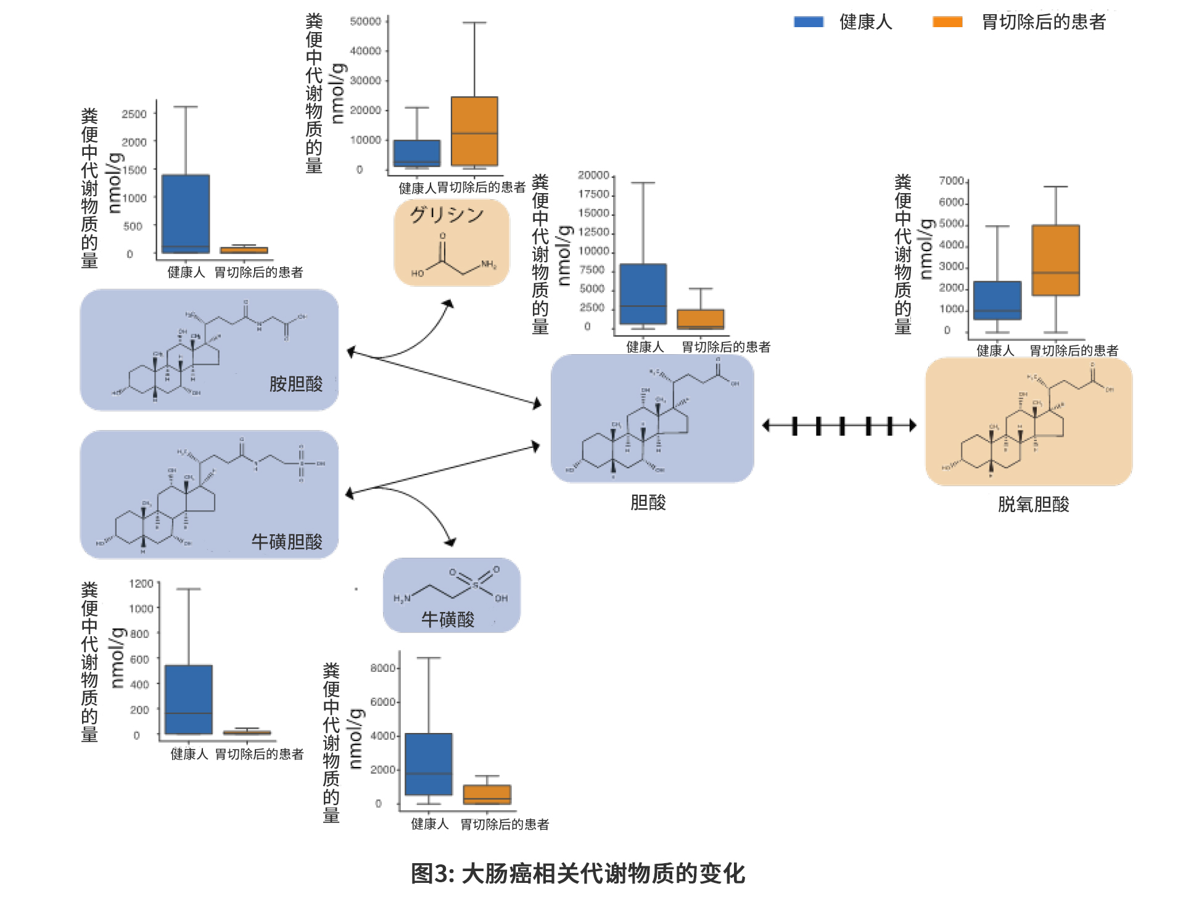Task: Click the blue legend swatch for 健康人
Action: point(809,22)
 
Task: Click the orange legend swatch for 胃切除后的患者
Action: point(947,22)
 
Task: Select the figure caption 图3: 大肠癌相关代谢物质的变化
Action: point(578,874)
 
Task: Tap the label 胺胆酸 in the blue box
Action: point(296,384)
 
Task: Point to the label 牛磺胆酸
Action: point(287,542)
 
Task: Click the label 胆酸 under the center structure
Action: point(648,502)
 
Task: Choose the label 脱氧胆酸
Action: point(1033,504)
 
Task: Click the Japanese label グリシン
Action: point(447,214)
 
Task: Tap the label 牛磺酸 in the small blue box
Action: point(448,619)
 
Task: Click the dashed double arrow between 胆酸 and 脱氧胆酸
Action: point(839,426)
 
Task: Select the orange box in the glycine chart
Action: point(474,131)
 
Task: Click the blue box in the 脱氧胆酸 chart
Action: point(997,300)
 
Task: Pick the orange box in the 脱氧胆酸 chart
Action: point(1055,260)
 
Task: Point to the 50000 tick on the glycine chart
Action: point(365,22)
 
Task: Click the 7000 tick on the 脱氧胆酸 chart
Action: point(951,181)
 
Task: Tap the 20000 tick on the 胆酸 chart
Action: point(593,175)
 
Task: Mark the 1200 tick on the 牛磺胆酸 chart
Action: point(141,583)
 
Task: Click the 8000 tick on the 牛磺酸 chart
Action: point(383,668)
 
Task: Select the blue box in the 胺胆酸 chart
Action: point(186,213)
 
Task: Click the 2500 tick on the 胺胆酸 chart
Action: point(134,114)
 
